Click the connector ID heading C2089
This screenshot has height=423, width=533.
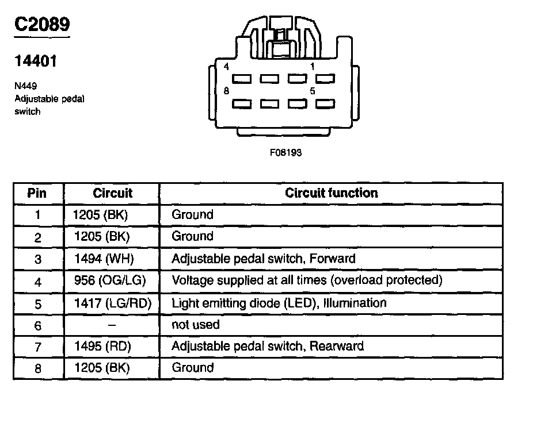pos(42,25)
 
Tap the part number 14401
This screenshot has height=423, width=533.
pos(36,61)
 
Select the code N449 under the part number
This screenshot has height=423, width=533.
pos(26,86)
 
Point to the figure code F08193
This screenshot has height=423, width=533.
pos(285,153)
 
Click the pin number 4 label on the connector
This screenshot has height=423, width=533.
pos(226,67)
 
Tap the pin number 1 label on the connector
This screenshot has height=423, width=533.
pos(313,67)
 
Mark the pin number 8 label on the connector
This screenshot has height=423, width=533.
pos(226,90)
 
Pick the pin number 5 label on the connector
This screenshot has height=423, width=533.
pos(313,91)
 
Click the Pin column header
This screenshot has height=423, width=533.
pos(37,193)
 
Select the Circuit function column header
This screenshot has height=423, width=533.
pos(331,193)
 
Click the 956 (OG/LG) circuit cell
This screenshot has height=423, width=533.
pos(110,281)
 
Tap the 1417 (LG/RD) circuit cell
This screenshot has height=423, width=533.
pos(112,303)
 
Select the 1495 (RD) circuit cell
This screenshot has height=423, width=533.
pos(102,347)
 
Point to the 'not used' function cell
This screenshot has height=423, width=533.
pos(196,325)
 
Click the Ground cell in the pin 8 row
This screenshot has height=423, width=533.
pos(192,368)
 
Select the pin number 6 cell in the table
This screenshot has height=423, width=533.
pos(37,325)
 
